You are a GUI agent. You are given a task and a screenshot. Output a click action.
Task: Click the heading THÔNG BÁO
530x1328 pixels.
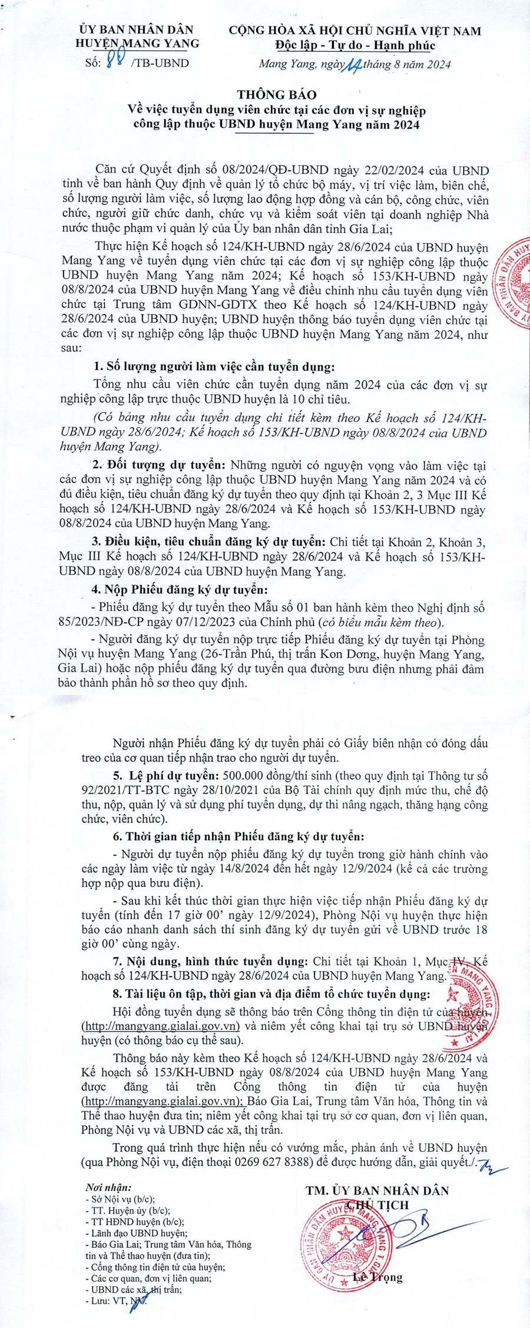click(x=276, y=94)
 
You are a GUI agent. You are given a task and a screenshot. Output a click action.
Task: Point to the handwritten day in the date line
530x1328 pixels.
click(x=353, y=64)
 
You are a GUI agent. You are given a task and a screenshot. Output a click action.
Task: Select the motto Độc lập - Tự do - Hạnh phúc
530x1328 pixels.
click(x=355, y=45)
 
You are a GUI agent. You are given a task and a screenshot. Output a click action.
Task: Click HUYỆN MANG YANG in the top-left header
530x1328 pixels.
click(x=137, y=43)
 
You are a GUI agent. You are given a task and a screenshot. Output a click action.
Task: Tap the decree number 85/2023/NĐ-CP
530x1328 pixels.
click(x=105, y=622)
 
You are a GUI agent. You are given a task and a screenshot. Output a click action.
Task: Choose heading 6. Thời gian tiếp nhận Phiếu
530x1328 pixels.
click(x=238, y=836)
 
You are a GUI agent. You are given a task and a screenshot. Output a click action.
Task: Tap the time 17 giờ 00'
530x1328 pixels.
click(x=209, y=915)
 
